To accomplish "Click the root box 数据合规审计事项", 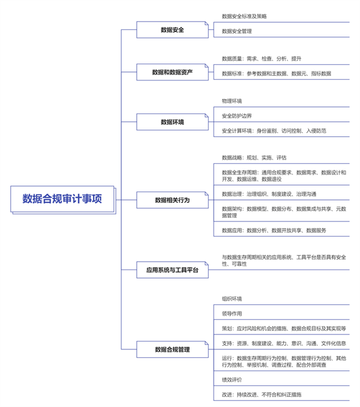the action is (62, 199).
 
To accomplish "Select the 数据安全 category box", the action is (172, 30).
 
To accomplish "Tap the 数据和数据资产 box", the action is (172, 72).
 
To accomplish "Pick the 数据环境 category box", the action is (172, 122).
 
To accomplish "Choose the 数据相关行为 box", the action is (172, 200).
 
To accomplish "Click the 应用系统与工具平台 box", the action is (172, 270).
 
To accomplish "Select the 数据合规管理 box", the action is (172, 349).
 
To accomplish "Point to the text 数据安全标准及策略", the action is (244, 16).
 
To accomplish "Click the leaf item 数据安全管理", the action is (237, 31).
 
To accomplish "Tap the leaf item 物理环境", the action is (232, 101).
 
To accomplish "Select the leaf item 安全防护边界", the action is (237, 116).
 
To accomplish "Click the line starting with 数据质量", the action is (262, 59).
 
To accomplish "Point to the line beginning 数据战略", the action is (254, 157).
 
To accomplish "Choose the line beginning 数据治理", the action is (269, 194).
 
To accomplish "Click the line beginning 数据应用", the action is (274, 231).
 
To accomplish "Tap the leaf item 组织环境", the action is (232, 299).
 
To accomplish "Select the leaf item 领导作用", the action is (232, 313).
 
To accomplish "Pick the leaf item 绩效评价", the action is (232, 380).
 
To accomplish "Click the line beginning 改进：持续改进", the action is (262, 394).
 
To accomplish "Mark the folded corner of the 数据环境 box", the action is (207, 115).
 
